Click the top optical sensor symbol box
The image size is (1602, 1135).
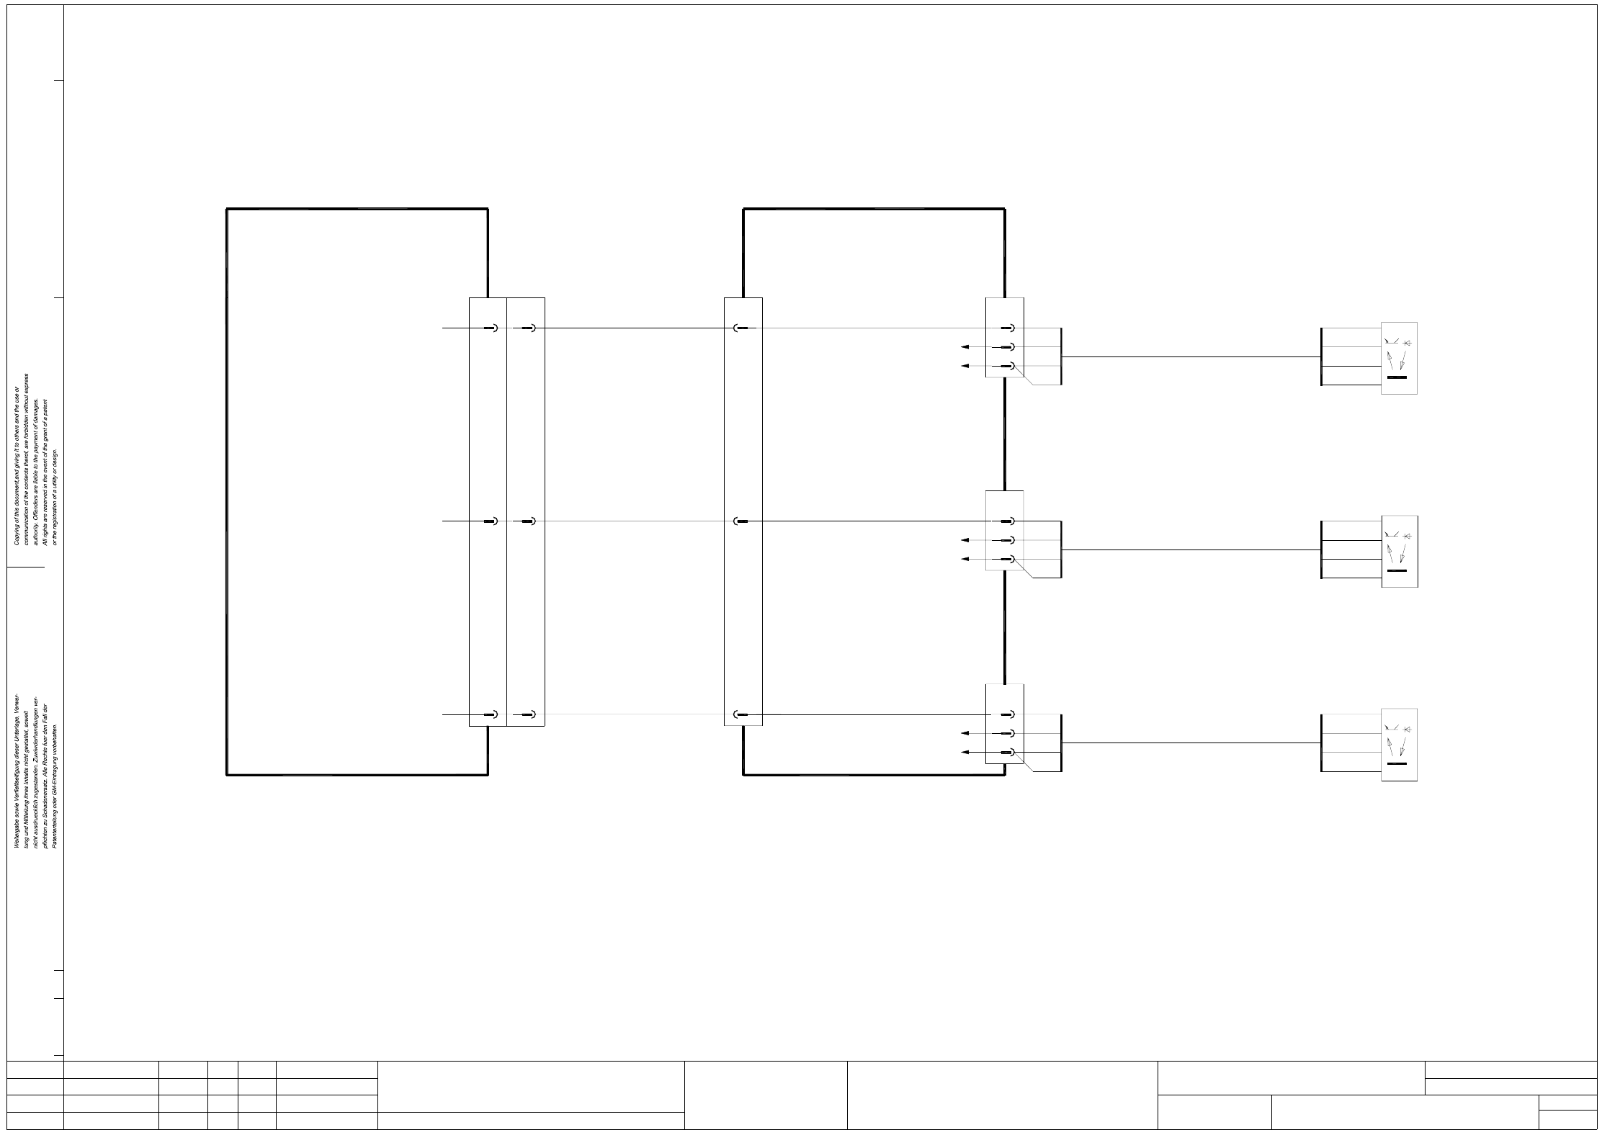[1399, 358]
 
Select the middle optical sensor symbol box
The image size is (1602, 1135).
[1399, 551]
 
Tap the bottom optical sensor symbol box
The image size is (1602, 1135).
[1399, 745]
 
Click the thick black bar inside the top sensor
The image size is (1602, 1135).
[1397, 377]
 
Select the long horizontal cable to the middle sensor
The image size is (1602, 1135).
[1189, 550]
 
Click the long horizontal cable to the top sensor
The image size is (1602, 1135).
[1189, 357]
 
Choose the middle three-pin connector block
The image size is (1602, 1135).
[1004, 531]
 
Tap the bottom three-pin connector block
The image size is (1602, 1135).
[1004, 724]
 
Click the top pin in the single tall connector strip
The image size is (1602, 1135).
[741, 328]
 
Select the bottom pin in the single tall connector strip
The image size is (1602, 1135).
[741, 715]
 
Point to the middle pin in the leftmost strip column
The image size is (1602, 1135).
[493, 521]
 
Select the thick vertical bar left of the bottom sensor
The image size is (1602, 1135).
[1322, 743]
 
